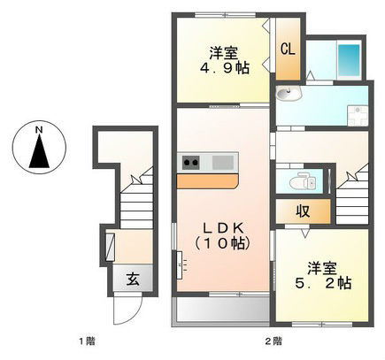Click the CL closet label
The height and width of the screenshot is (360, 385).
point(288,50)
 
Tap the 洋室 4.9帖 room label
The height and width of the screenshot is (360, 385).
point(225,60)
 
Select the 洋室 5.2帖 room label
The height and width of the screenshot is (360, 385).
point(323,276)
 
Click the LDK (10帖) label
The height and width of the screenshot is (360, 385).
point(223,236)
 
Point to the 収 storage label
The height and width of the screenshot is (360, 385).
point(303,211)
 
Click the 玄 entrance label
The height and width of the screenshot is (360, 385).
point(133,279)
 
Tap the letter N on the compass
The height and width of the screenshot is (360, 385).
point(39,129)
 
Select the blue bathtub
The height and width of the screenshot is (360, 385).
point(349,60)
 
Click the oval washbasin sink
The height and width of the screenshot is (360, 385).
point(289,94)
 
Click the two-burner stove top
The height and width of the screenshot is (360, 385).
point(191,163)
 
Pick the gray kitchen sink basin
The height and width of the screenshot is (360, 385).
point(223,163)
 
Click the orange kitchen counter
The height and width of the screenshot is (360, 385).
point(207,181)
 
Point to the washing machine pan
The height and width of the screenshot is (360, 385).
point(358,115)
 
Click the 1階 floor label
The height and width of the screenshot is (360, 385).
point(87,341)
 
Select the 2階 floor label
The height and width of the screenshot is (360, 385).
point(273,341)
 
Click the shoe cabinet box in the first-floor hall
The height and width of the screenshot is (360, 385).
point(110,247)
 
